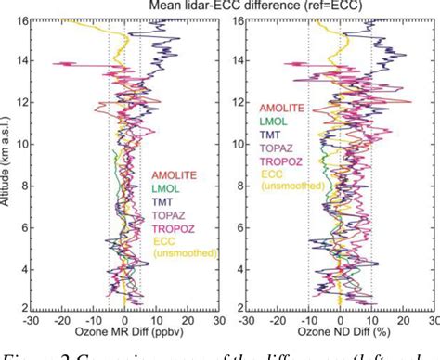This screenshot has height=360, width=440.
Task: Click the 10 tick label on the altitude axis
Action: (19, 142)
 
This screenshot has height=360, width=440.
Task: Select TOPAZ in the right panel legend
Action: (279, 147)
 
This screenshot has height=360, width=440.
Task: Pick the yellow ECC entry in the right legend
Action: (274, 173)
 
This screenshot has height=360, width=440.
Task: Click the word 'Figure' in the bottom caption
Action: (25, 351)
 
